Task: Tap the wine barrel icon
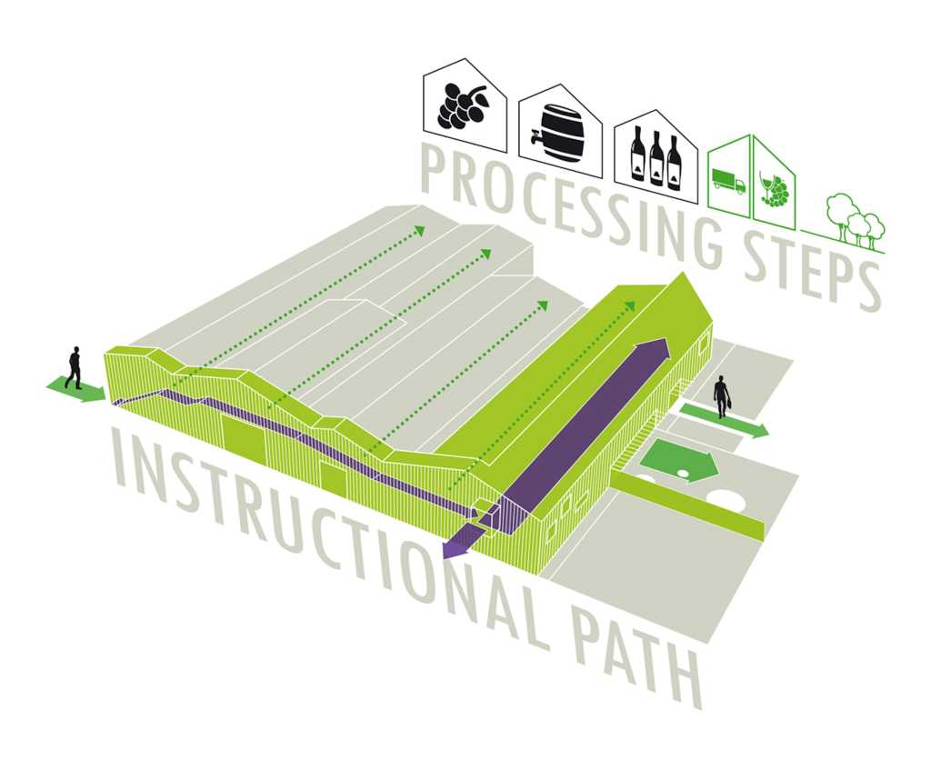point(558,133)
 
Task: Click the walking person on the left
point(74,367)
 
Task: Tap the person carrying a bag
point(722,396)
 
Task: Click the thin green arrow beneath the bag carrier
point(725,420)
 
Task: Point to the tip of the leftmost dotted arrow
point(423,229)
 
